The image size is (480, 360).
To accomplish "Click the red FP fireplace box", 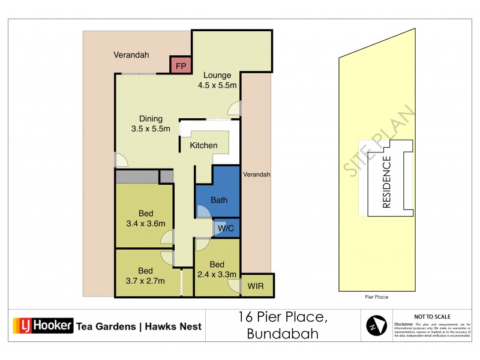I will [x=181, y=65].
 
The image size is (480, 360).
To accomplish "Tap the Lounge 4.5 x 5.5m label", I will [x=217, y=80].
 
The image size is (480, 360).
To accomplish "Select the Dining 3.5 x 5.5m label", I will [x=151, y=124].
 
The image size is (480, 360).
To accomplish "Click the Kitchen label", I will [x=203, y=146].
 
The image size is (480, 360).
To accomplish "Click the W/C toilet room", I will [x=226, y=228].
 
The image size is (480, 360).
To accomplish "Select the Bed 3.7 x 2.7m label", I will [x=146, y=275].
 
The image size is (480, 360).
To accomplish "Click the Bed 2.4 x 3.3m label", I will [x=217, y=269].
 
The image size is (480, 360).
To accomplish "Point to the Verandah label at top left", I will [x=131, y=55].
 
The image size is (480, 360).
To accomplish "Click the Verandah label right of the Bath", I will [x=257, y=175].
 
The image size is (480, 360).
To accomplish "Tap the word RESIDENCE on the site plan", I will [x=386, y=182].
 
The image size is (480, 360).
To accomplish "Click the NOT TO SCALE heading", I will [x=433, y=316].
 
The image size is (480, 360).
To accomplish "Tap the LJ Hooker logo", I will [x=43, y=326].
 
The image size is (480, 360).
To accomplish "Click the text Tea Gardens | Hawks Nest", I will [x=139, y=327].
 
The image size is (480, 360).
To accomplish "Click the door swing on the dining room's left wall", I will [x=121, y=160].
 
